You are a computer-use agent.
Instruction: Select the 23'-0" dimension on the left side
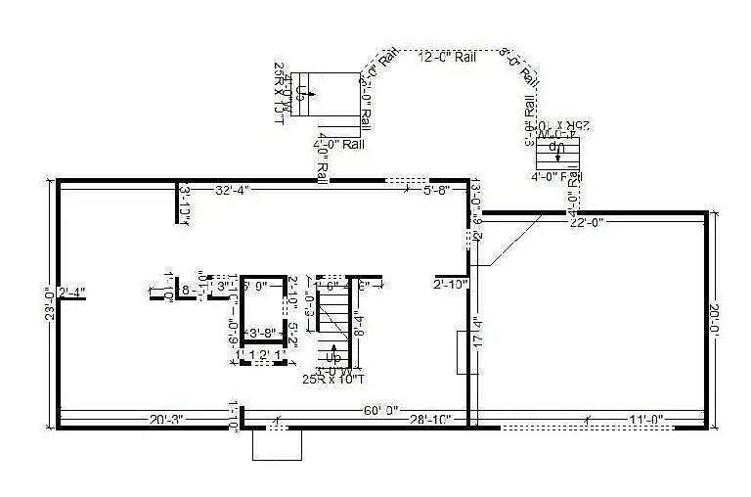point(50,304)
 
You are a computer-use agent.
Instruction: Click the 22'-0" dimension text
point(586,222)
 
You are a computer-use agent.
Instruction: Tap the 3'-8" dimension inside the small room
point(260,334)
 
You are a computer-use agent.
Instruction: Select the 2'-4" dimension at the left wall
point(72,292)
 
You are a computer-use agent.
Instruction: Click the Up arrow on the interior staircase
point(334,354)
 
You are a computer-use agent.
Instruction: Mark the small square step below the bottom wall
point(277,444)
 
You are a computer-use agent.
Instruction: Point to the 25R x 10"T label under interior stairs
point(333,379)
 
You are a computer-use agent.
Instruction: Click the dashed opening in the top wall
point(404,181)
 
